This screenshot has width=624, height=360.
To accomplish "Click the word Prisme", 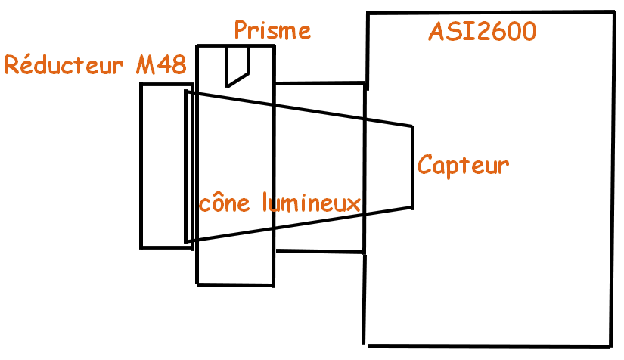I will coord(272,30).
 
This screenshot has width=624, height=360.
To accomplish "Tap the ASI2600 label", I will coord(483,32).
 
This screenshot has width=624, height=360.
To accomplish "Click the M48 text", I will coord(161,65).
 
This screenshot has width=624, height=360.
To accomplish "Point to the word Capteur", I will coord(463,164).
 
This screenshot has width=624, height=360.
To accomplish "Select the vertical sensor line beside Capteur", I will coord(413,166).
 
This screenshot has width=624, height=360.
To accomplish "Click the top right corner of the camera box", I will coord(612,12).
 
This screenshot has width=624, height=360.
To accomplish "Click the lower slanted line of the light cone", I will coord(303,224).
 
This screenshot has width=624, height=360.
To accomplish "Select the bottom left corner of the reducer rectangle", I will coord(141,247).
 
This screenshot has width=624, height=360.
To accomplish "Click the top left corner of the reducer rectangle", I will coord(141,83).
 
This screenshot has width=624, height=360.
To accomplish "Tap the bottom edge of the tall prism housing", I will coord(234,284).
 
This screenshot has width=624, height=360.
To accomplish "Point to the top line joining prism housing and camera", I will coord(319,82).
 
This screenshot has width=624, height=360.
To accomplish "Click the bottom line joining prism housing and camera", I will coord(319,252).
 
